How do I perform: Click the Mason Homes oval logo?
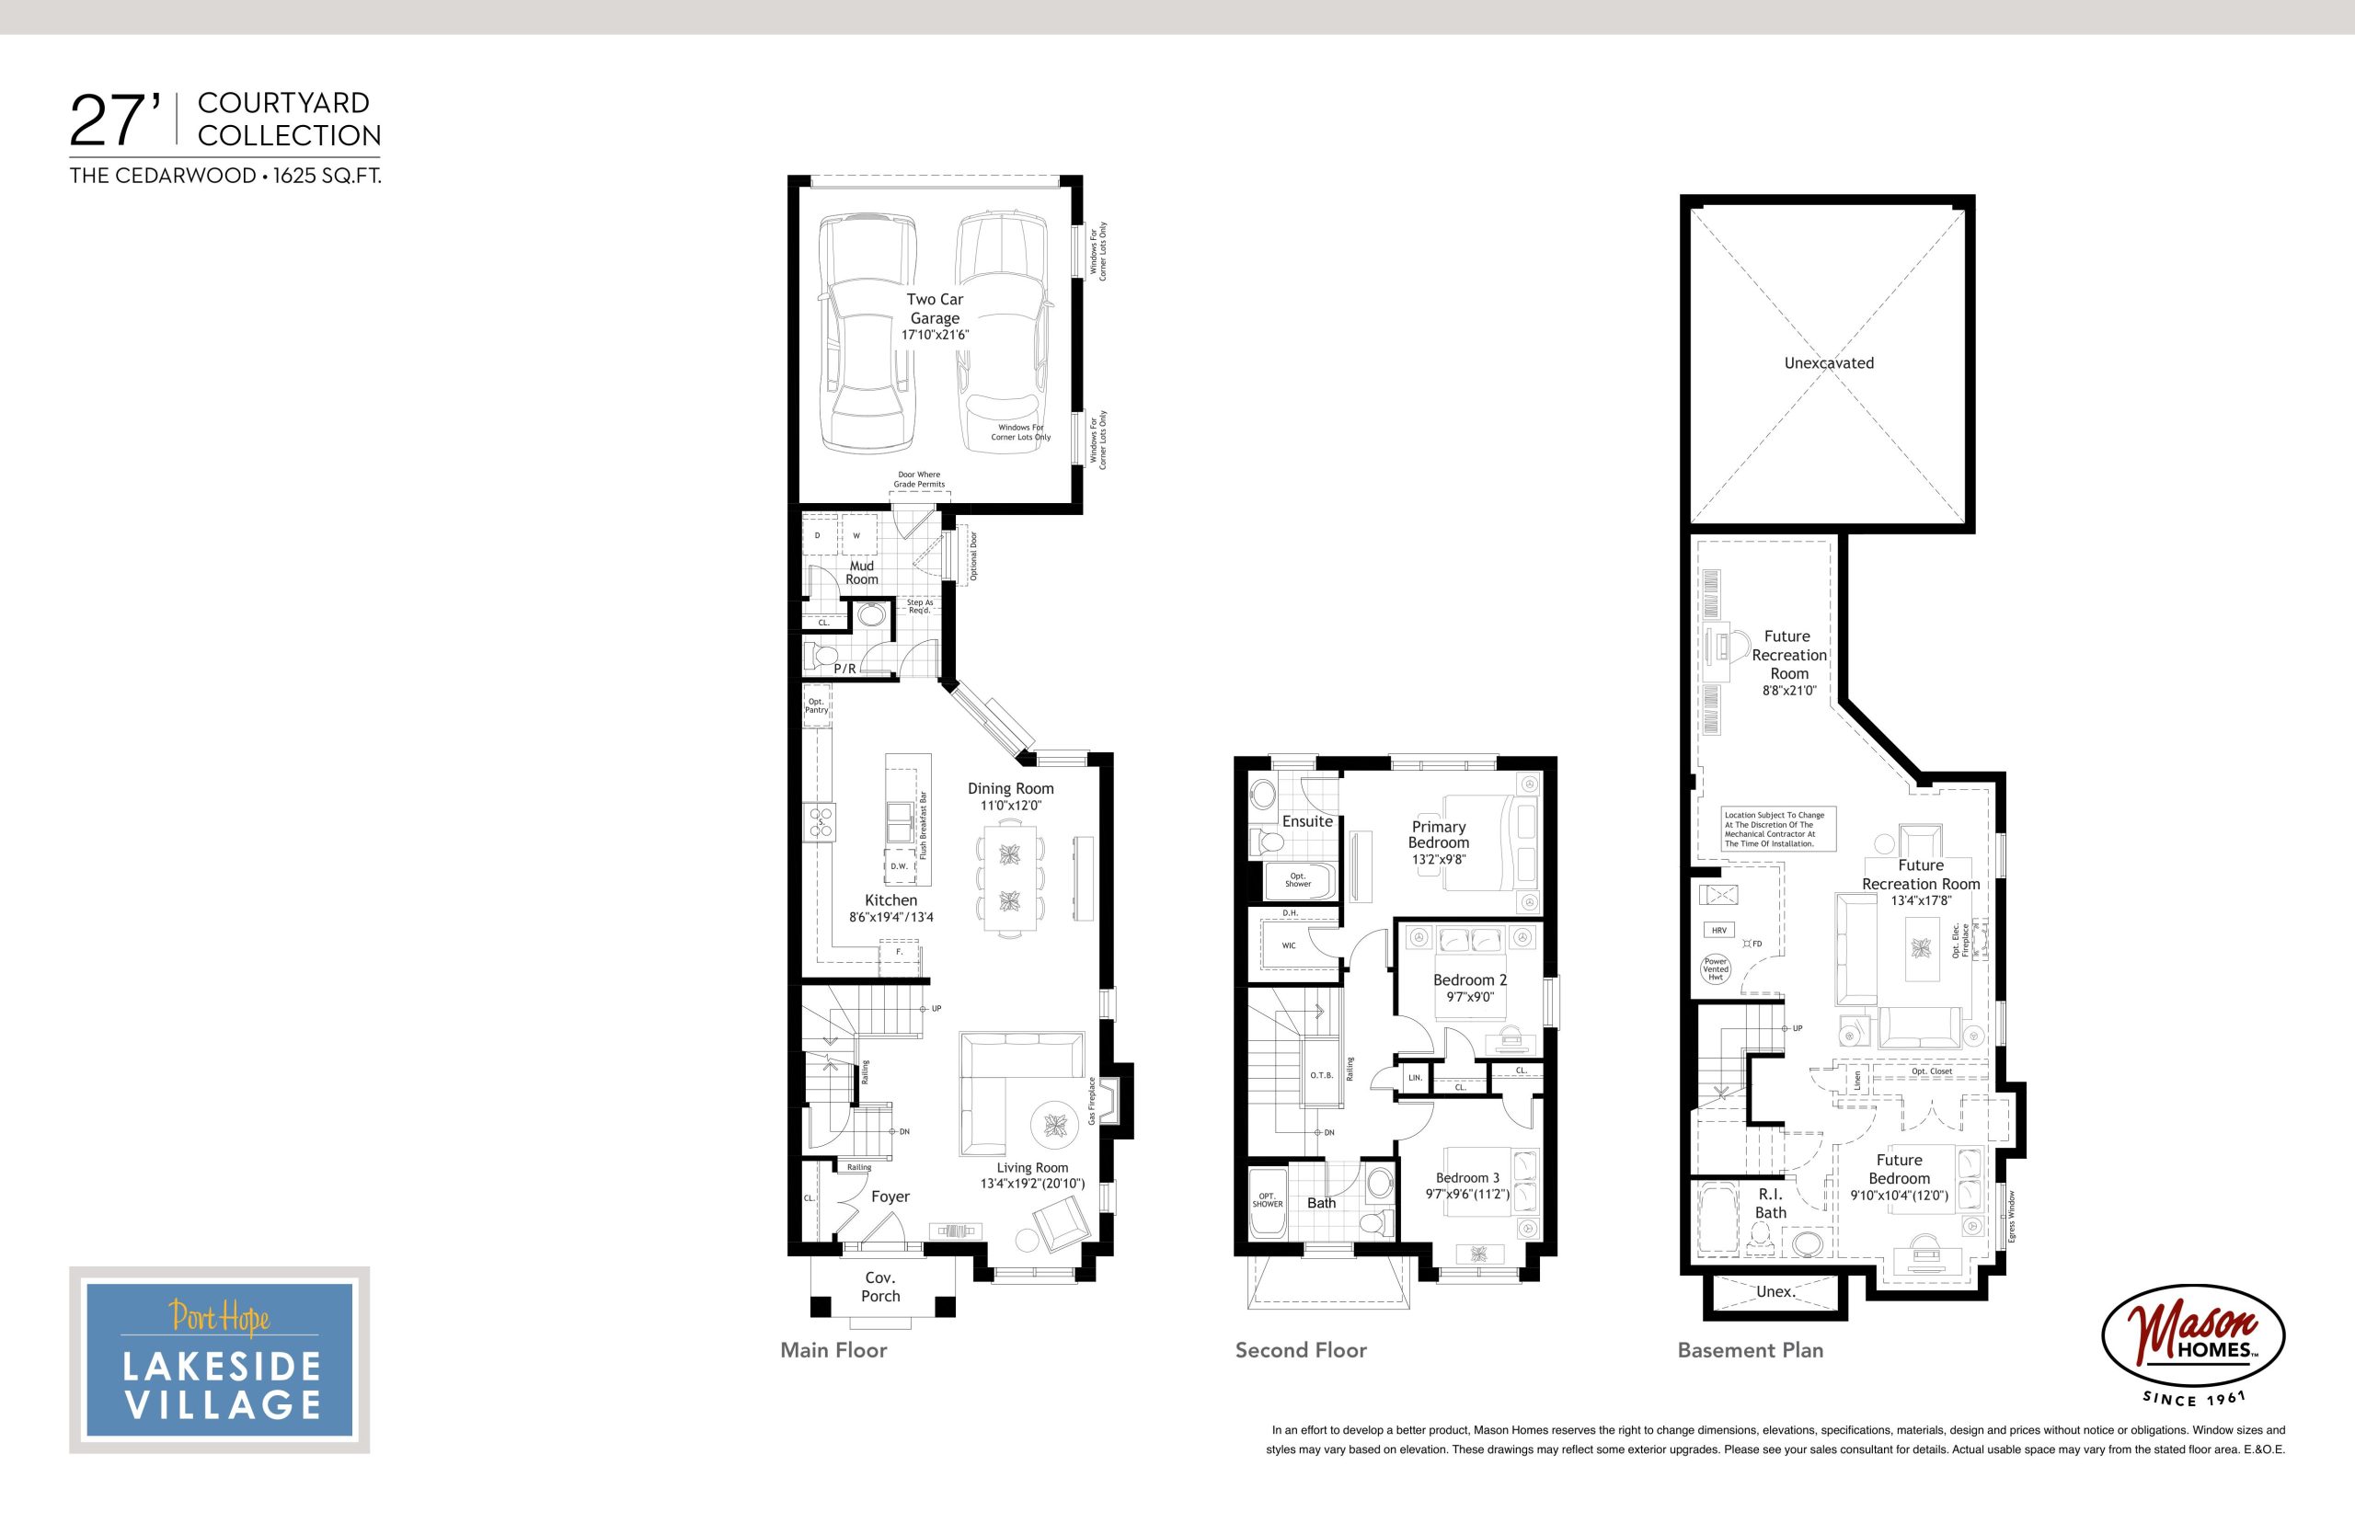pos(2194,1335)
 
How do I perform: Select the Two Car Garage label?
pos(935,309)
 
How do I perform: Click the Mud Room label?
pos(861,573)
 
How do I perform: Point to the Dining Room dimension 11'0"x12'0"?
pos(1011,806)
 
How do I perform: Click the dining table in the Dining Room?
pos(1010,878)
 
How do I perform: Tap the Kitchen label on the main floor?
pos(891,900)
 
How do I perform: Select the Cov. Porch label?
pos(880,1287)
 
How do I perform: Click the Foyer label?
pos(890,1197)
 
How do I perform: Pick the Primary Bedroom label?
pos(1439,835)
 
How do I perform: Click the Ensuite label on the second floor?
pos(1307,821)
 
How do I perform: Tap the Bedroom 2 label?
pos(1471,980)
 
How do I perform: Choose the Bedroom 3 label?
pos(1468,1178)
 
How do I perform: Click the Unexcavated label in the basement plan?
pos(1829,363)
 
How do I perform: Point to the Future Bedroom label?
pos(1899,1169)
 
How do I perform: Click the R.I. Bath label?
pos(1771,1204)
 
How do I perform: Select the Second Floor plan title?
pos(1301,1350)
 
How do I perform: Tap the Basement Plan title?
pos(1751,1350)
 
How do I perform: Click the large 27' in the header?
pos(115,121)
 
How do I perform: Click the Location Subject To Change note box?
pos(1778,829)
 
